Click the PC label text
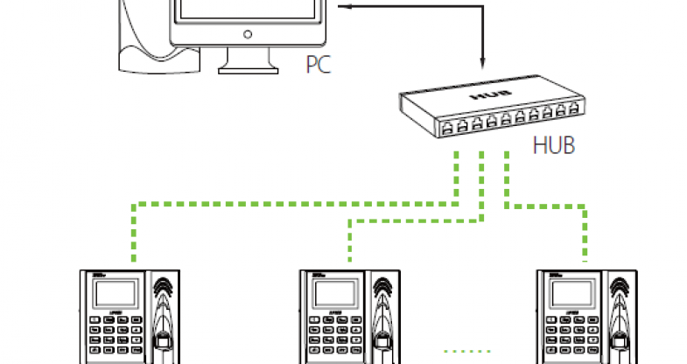pyautogui.click(x=319, y=64)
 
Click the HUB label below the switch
pyautogui.click(x=554, y=144)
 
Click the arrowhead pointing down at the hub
pyautogui.click(x=482, y=62)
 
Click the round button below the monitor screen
pyautogui.click(x=247, y=35)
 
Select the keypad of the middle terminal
pyautogui.click(x=335, y=337)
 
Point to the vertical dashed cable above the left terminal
pyautogui.click(x=133, y=233)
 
